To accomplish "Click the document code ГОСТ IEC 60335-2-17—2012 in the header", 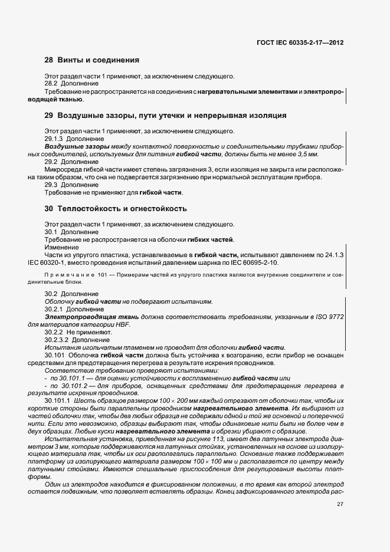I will pos(300,43).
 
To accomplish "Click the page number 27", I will pos(340,504).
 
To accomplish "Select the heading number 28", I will pos(49,60).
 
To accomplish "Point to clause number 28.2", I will pos(52,84).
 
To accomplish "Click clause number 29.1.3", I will pos(54,139).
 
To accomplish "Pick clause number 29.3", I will pos(52,185).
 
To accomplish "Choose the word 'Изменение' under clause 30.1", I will pos(61,247).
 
